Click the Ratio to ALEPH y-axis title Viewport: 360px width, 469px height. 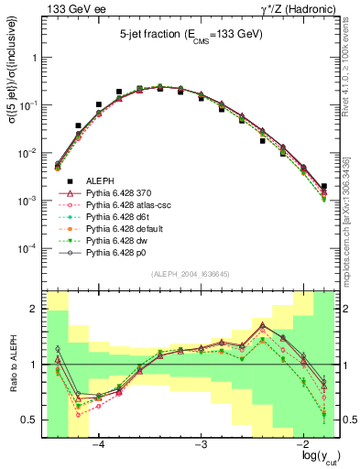(x=12, y=365)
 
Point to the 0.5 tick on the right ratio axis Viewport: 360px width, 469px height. (x=348, y=420)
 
